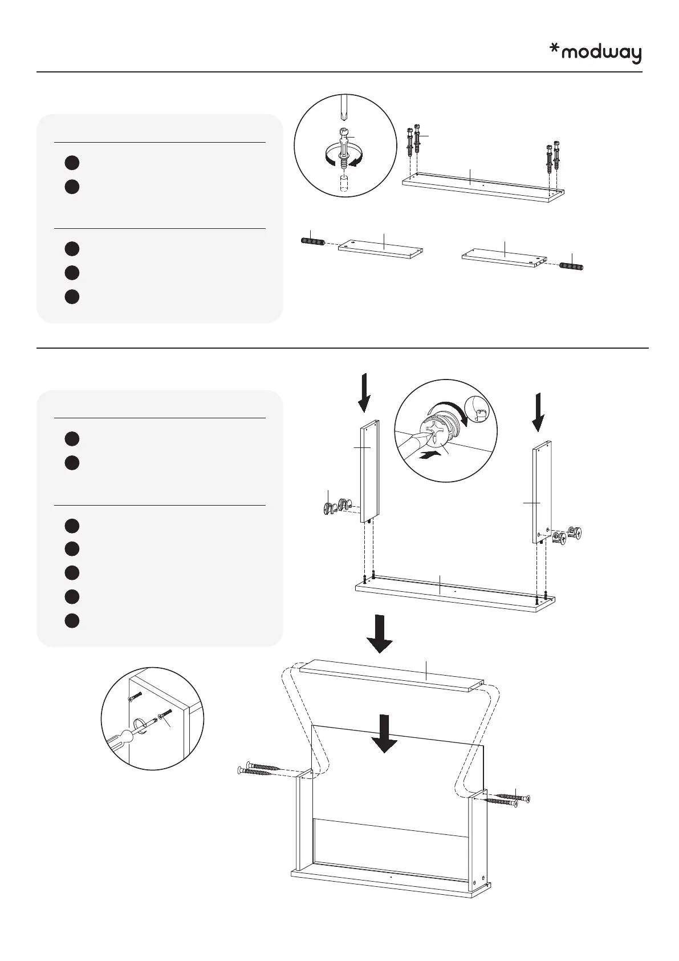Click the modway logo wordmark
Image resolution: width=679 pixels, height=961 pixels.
pos(601,54)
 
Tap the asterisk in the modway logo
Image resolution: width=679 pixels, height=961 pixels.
pos(554,50)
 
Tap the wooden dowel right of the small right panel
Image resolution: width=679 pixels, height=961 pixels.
pos(571,267)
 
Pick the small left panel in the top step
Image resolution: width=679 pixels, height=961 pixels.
pos(380,249)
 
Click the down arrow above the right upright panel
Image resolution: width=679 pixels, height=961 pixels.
pos(538,412)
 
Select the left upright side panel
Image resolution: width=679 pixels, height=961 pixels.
pos(369,471)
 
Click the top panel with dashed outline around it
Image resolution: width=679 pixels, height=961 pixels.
pos(392,676)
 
